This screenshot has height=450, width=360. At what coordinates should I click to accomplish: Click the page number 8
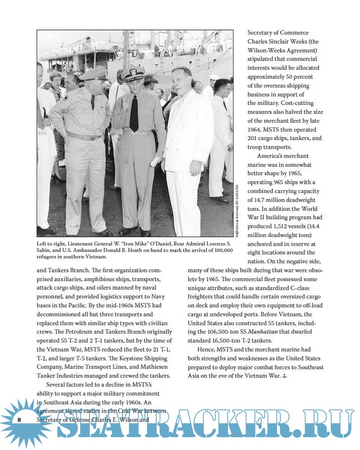coord(19,420)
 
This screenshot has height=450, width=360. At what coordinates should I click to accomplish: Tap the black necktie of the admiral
coord(134,113)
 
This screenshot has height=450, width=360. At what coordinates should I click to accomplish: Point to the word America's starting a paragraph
coord(277,156)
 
